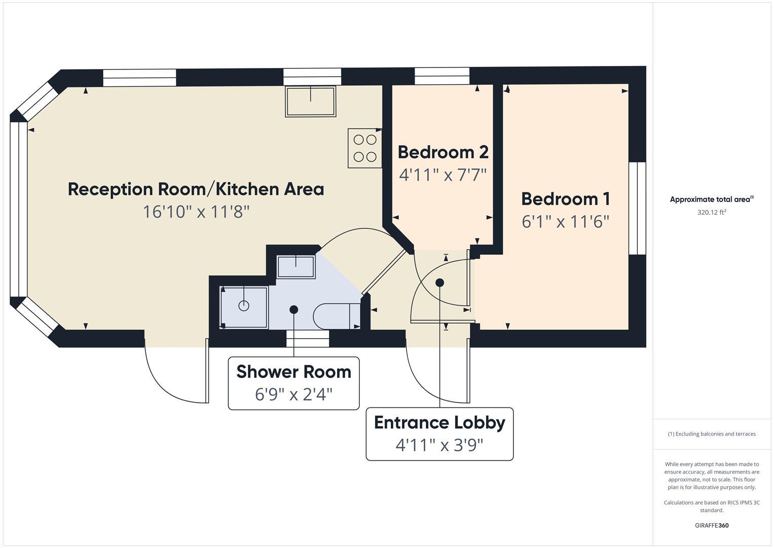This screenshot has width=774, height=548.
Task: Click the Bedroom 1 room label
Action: [565, 199]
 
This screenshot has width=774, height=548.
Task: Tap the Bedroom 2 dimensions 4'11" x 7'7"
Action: [443, 175]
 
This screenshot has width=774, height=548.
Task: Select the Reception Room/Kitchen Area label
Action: [196, 189]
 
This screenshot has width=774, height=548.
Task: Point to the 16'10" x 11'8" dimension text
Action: [196, 212]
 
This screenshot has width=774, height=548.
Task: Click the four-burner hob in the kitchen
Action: [365, 148]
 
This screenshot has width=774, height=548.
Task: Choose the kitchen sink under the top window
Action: [310, 101]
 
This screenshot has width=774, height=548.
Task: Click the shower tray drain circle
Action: [244, 306]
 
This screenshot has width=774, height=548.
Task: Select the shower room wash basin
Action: [296, 267]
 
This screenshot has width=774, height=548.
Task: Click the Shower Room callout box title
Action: [293, 372]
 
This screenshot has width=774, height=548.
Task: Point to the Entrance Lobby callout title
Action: [439, 423]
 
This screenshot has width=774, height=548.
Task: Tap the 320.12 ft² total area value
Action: [712, 213]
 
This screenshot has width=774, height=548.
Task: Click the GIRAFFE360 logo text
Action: [712, 525]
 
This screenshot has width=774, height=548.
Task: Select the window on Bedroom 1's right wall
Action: [637, 208]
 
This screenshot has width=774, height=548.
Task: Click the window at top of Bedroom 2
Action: [442, 76]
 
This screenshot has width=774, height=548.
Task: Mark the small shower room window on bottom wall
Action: [308, 338]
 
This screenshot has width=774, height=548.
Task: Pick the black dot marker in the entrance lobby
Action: [439, 283]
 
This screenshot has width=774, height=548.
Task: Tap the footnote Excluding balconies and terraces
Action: [712, 434]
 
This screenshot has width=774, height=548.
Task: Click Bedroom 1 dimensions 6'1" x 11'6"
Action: [565, 222]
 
